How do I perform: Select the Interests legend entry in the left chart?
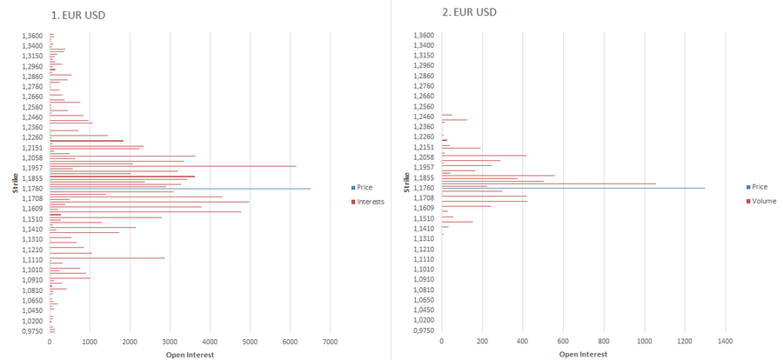click(370, 201)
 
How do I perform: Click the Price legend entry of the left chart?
click(365, 187)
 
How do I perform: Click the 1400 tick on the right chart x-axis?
click(726, 342)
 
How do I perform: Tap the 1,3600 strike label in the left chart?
click(32, 36)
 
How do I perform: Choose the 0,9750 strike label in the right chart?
click(424, 330)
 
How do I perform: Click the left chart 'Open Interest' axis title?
click(190, 354)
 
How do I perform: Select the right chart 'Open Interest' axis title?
click(583, 354)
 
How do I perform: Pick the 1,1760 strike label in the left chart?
click(32, 188)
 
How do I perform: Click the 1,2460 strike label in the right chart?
click(424, 117)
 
